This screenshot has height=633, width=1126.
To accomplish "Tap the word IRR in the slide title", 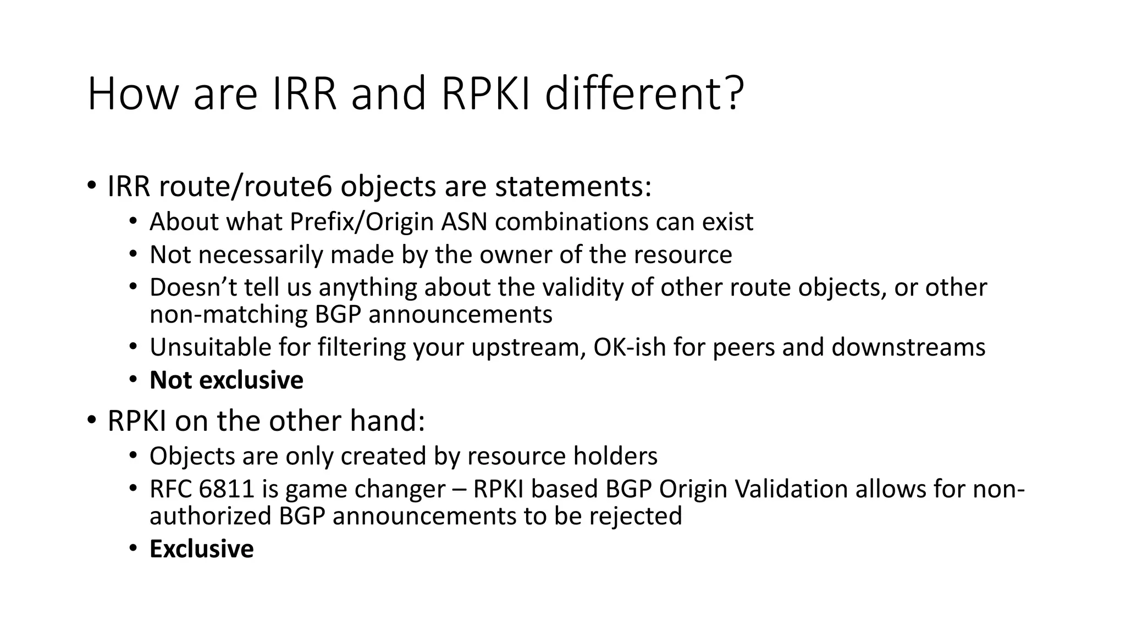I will (304, 93).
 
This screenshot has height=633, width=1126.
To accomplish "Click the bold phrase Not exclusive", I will (226, 380).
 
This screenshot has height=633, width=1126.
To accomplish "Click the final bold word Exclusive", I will (201, 549).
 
